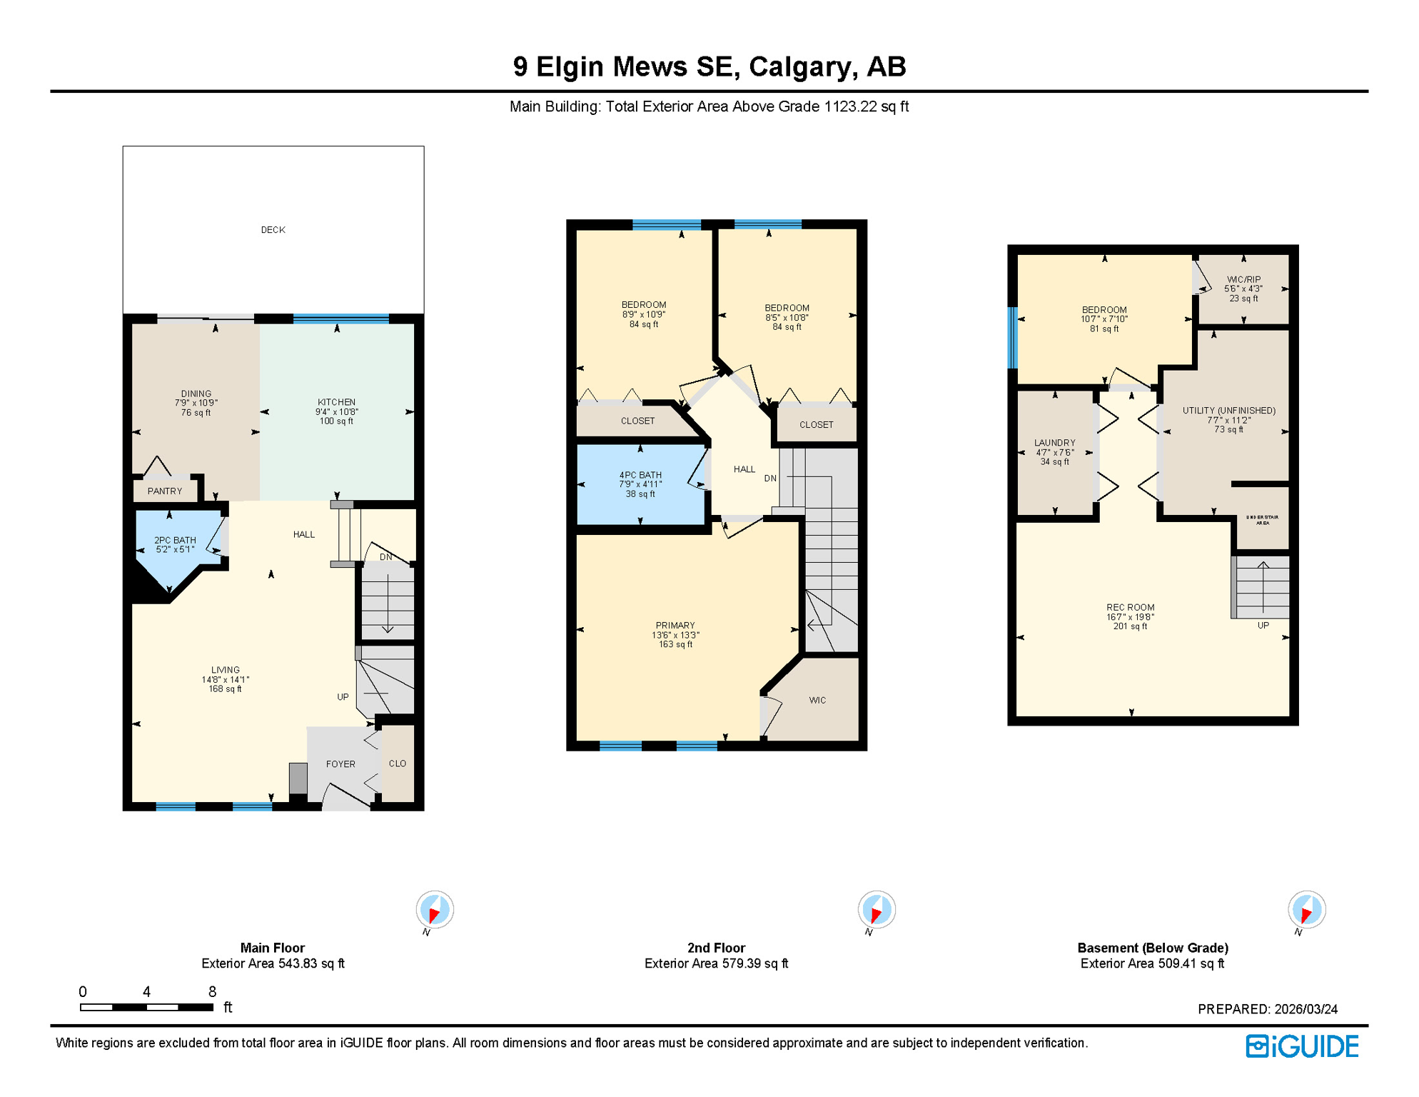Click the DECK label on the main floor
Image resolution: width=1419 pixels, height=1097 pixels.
pyautogui.click(x=273, y=230)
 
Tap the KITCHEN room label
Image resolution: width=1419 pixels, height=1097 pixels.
pyautogui.click(x=336, y=402)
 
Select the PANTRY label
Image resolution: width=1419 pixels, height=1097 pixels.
pyautogui.click(x=165, y=491)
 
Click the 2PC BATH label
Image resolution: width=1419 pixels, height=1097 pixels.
pyautogui.click(x=175, y=541)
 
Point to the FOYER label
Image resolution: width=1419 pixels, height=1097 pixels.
pyautogui.click(x=340, y=764)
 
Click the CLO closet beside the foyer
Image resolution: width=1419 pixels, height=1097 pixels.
pyautogui.click(x=398, y=763)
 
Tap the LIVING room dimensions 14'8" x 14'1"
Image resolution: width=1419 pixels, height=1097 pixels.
pyautogui.click(x=226, y=680)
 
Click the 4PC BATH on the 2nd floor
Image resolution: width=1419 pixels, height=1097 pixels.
pyautogui.click(x=640, y=475)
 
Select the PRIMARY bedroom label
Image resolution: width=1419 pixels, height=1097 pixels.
pyautogui.click(x=675, y=626)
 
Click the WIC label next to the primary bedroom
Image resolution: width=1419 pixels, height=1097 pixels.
pyautogui.click(x=817, y=701)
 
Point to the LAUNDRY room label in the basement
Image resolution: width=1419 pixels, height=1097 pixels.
pyautogui.click(x=1054, y=443)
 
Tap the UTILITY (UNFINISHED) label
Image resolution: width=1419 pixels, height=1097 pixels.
pyautogui.click(x=1228, y=411)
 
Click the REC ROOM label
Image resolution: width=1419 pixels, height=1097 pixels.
pyautogui.click(x=1130, y=608)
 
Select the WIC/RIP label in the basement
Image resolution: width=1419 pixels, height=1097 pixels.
pyautogui.click(x=1243, y=280)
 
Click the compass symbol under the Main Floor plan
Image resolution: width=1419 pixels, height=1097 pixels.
pyautogui.click(x=435, y=910)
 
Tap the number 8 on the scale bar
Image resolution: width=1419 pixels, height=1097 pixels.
pyautogui.click(x=212, y=991)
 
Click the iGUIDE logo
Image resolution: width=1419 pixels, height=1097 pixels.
pyautogui.click(x=1302, y=1046)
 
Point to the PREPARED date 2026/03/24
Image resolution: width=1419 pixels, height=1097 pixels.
pyautogui.click(x=1306, y=1009)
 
